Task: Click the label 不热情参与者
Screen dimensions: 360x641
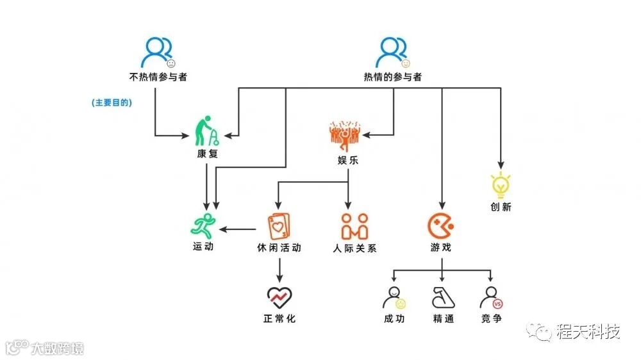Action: [x=158, y=78]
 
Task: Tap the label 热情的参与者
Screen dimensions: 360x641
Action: [x=392, y=78]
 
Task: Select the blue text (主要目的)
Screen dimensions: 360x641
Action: [x=112, y=102]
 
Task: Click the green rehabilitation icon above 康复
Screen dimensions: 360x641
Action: [x=209, y=131]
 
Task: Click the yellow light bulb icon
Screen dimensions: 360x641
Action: [x=500, y=184]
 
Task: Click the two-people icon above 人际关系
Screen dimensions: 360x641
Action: [x=354, y=226]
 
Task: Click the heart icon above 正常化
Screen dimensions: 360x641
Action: [x=279, y=297]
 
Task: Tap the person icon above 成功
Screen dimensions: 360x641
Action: [x=394, y=297]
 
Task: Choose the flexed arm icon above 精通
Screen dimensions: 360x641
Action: [x=443, y=297]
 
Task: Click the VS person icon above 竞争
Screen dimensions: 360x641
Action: [x=491, y=297]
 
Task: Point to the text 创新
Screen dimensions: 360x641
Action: [x=500, y=208]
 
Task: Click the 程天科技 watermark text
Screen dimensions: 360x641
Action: [x=588, y=332]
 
